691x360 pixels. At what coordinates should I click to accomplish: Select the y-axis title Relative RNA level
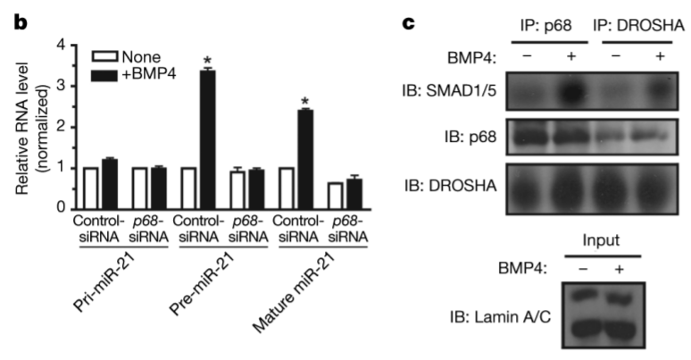(27, 125)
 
